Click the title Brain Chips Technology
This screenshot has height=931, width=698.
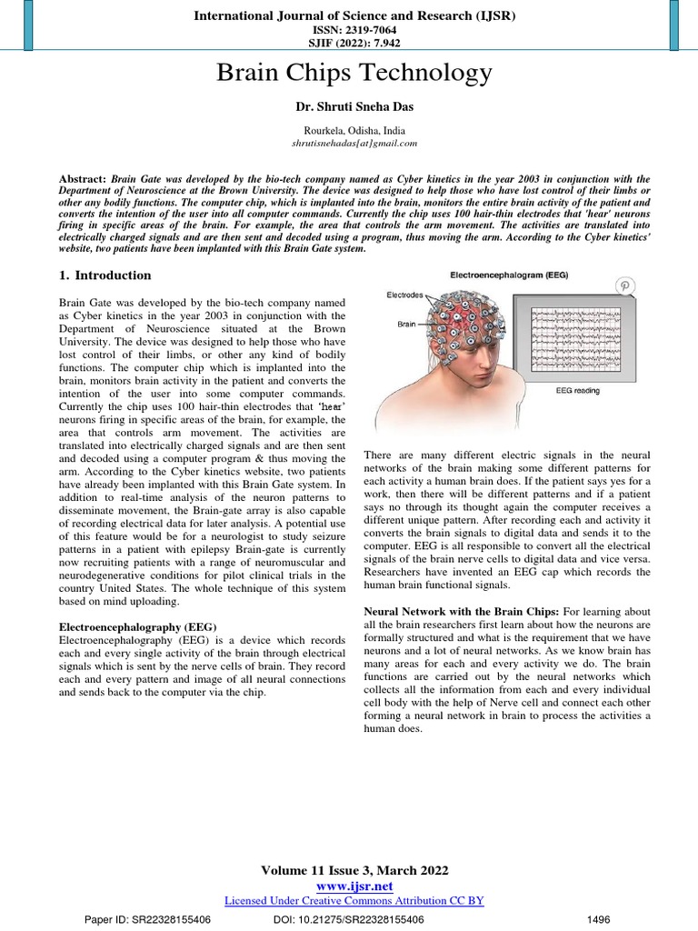pyautogui.click(x=354, y=73)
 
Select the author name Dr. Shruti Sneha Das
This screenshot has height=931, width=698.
pyautogui.click(x=354, y=107)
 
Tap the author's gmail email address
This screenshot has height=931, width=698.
pyautogui.click(x=354, y=143)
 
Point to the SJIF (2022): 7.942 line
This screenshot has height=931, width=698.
pyautogui.click(x=354, y=42)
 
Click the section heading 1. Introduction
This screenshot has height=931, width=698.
pyautogui.click(x=105, y=275)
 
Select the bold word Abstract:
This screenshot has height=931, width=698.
pyautogui.click(x=83, y=179)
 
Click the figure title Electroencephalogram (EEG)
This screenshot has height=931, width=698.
pyautogui.click(x=509, y=275)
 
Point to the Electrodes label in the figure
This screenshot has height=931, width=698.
pyautogui.click(x=405, y=295)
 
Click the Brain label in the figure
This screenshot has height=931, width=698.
pyautogui.click(x=406, y=323)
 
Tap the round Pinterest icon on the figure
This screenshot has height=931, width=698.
pyautogui.click(x=625, y=285)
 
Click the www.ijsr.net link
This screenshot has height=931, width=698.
pyautogui.click(x=354, y=886)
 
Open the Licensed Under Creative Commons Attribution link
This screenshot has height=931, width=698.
pyautogui.click(x=354, y=900)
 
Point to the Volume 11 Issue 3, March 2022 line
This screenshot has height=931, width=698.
pyautogui.click(x=354, y=870)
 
